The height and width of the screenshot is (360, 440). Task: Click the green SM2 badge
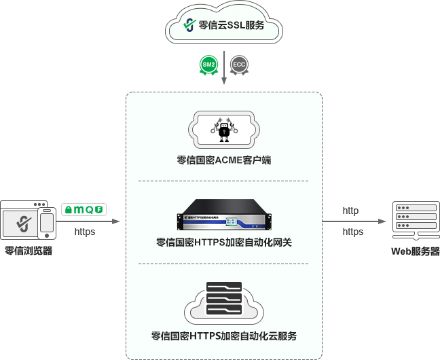point(209,65)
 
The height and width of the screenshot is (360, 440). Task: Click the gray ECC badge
point(239,65)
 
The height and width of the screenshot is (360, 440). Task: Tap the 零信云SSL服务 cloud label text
point(232,26)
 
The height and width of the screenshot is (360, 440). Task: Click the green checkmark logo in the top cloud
point(189,26)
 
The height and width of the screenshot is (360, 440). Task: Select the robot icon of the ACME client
point(223,130)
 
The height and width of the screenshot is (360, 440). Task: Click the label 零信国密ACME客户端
point(223,161)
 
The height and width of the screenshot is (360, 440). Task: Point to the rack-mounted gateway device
point(223,215)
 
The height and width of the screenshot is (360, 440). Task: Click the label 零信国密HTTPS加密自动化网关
point(223,242)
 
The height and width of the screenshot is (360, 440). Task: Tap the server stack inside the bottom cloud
point(223,300)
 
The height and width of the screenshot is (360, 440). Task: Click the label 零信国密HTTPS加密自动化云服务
point(223,336)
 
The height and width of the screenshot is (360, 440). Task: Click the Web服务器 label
point(415,251)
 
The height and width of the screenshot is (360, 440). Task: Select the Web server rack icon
point(411,219)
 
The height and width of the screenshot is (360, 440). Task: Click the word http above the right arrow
point(350,211)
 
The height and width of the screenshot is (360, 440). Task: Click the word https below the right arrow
point(352,232)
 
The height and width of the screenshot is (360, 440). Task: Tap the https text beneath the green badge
point(84,232)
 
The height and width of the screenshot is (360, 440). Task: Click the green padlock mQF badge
point(84,210)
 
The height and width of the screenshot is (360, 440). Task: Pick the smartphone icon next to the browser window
point(47,223)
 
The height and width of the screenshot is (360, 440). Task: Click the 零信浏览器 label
point(29,251)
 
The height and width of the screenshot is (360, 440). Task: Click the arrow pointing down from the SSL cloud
point(223,68)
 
